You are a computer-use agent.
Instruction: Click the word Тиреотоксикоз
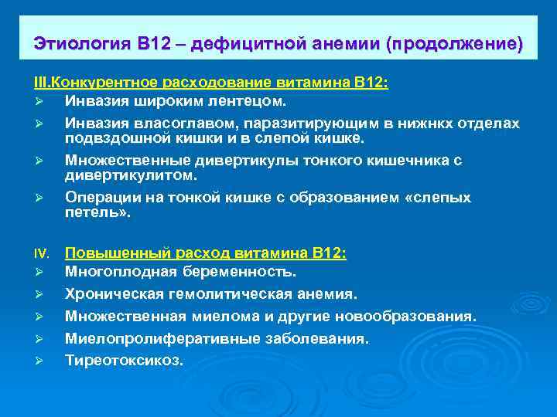tap(124, 360)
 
